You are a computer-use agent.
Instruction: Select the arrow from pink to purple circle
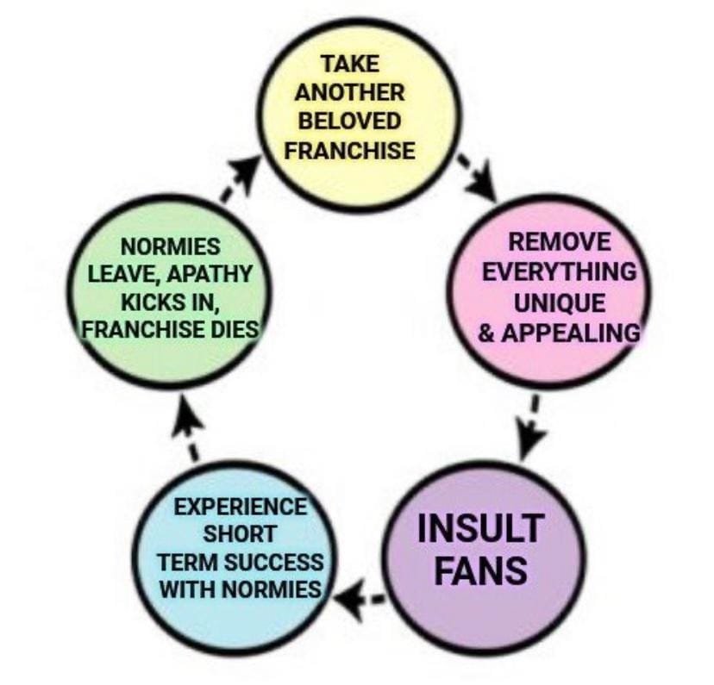pos(532,427)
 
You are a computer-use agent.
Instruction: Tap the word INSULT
pos(479,528)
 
